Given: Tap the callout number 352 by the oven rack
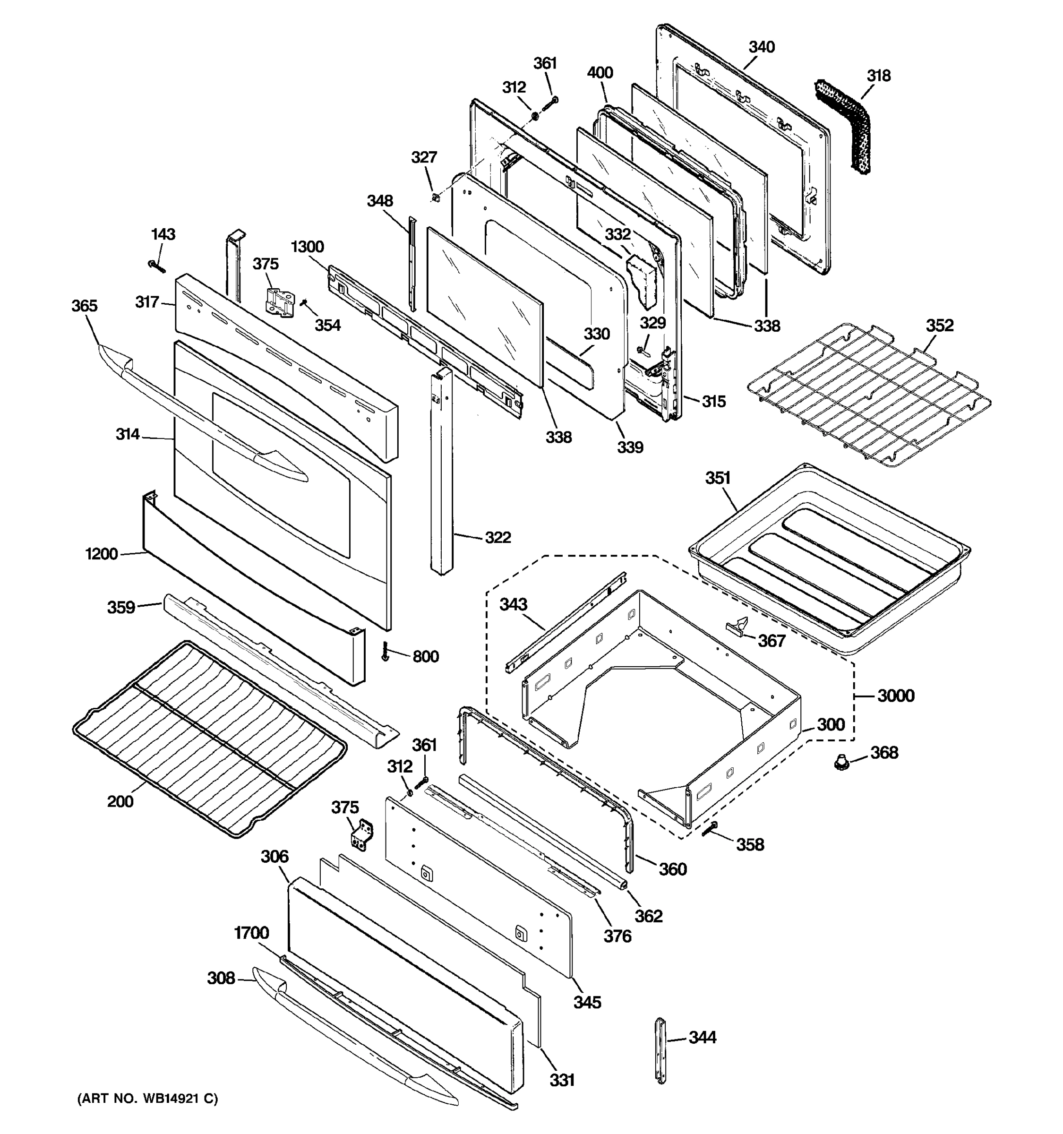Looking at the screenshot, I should pyautogui.click(x=939, y=325).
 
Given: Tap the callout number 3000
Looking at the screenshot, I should pyautogui.click(x=896, y=696).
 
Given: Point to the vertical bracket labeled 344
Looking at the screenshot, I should pyautogui.click(x=660, y=1050).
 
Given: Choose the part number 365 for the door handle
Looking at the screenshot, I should pyautogui.click(x=85, y=306).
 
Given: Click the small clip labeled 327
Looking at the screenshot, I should pyautogui.click(x=435, y=198).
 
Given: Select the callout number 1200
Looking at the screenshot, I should pyautogui.click(x=102, y=554).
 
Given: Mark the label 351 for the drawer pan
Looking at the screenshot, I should pyautogui.click(x=718, y=478).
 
